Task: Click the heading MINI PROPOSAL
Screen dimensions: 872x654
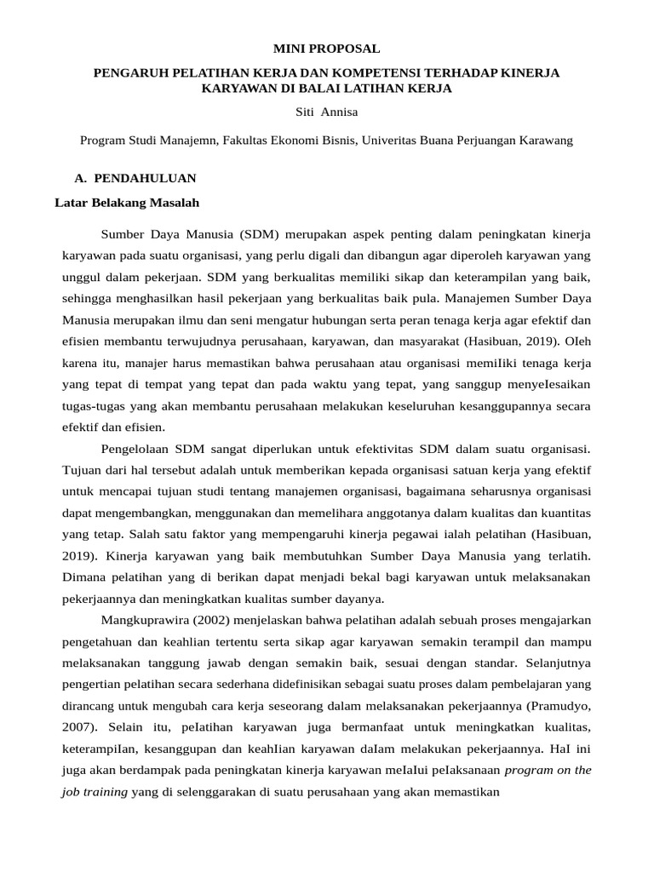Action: point(326,49)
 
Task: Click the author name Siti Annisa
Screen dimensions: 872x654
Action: point(326,111)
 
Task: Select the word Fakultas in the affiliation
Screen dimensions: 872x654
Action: point(245,141)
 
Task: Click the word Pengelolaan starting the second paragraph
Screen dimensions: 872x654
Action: point(136,449)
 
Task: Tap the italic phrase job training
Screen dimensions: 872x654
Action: point(94,791)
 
